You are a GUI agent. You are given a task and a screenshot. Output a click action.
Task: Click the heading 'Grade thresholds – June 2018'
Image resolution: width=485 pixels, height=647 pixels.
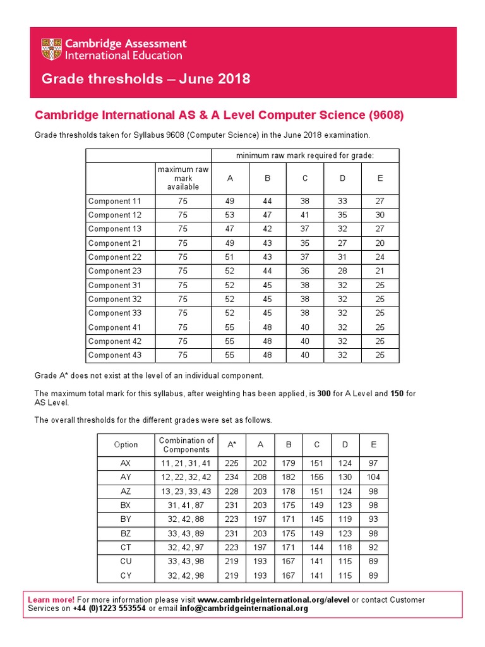click(x=145, y=79)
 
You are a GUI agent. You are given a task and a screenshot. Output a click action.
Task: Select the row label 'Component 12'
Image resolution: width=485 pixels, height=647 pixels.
click(x=114, y=215)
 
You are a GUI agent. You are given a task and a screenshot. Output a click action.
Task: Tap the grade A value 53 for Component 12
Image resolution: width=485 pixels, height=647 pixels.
click(x=229, y=215)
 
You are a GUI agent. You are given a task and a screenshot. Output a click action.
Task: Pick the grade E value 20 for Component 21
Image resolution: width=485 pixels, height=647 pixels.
click(x=380, y=243)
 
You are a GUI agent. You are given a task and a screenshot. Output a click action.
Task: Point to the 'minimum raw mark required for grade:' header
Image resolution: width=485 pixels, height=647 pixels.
click(x=305, y=155)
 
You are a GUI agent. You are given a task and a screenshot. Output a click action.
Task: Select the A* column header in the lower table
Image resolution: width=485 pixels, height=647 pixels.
click(x=232, y=444)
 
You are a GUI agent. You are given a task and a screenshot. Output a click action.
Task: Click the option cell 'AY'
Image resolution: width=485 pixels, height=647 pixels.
click(x=126, y=477)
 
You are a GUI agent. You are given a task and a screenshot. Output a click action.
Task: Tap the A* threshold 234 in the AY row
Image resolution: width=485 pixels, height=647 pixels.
click(x=232, y=477)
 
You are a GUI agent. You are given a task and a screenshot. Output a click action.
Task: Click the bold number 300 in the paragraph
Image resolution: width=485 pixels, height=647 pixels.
click(x=324, y=394)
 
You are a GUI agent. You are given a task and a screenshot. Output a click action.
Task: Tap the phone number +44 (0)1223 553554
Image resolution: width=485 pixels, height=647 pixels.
click(x=109, y=608)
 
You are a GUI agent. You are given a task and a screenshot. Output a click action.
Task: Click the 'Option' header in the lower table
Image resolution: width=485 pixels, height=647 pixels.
click(x=126, y=444)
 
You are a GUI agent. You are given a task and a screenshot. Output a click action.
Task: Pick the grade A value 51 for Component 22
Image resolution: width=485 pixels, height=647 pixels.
click(x=229, y=257)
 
